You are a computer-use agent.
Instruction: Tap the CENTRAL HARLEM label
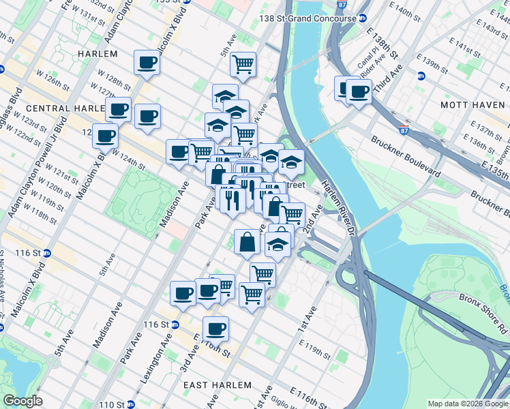click(x=57, y=108)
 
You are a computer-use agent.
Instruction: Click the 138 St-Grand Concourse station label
click(x=310, y=18)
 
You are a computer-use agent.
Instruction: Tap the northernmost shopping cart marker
click(x=243, y=65)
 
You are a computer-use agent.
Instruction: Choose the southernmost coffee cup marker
click(x=217, y=329)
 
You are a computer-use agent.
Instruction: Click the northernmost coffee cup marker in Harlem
click(x=147, y=63)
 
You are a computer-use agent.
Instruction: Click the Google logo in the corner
click(x=22, y=401)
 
